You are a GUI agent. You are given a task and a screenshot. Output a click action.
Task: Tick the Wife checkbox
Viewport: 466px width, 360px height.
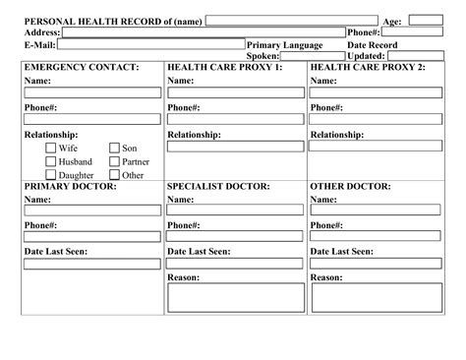(x=50, y=149)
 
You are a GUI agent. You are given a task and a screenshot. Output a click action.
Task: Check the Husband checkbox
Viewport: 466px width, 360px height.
(x=50, y=161)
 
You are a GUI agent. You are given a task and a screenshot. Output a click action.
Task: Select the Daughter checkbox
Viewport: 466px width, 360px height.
(x=50, y=175)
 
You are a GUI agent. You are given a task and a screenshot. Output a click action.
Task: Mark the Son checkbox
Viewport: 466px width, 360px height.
(x=114, y=149)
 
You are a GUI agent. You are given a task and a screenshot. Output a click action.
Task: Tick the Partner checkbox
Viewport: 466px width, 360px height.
(x=114, y=161)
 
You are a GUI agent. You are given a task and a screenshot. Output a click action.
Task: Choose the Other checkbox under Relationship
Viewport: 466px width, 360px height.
(x=114, y=175)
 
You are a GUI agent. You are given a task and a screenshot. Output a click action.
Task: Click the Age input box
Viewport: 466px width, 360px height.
(x=425, y=21)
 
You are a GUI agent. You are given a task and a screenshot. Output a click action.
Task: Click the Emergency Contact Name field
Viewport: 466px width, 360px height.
(x=92, y=92)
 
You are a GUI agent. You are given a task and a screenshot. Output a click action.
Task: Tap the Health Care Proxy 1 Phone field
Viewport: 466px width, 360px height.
(x=235, y=119)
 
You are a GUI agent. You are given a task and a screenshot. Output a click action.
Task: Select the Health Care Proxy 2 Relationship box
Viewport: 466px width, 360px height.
(x=379, y=147)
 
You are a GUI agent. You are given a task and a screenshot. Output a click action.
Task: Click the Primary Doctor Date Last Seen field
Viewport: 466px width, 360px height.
(x=92, y=263)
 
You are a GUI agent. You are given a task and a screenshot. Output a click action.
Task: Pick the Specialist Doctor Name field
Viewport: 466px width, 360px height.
(x=235, y=210)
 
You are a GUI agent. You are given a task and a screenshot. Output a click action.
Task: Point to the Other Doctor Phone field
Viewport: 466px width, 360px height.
(x=379, y=237)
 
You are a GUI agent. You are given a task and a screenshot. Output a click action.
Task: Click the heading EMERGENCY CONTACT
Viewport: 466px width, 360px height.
(x=82, y=67)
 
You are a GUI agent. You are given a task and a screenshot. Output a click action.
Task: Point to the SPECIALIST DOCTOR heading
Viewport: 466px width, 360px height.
(x=218, y=186)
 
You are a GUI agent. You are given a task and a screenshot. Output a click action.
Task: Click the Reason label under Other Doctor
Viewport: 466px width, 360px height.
(x=326, y=277)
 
